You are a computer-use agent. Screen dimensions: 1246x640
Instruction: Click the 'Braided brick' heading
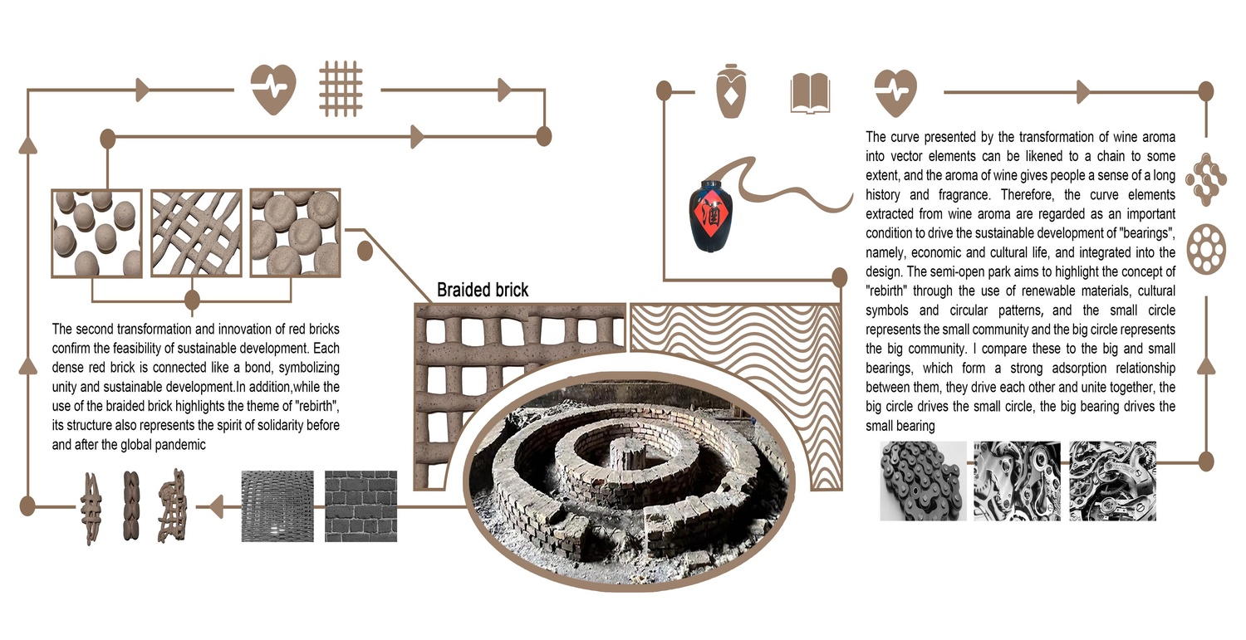[x=483, y=290]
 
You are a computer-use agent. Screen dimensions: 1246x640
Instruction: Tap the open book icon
[x=810, y=94]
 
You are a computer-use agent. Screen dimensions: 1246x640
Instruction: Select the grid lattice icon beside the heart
[x=341, y=89]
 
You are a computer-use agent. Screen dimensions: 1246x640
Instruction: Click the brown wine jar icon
[x=731, y=91]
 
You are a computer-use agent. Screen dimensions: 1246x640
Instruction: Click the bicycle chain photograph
[x=923, y=481]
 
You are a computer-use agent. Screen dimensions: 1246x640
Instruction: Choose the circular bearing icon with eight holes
[x=1206, y=249]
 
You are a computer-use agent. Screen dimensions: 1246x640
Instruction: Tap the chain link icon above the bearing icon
[x=1206, y=179]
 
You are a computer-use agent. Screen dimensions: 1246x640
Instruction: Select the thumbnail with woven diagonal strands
[x=196, y=233]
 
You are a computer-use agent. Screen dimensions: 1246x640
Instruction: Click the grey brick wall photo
[x=361, y=506]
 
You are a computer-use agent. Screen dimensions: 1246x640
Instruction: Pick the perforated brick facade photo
[x=277, y=506]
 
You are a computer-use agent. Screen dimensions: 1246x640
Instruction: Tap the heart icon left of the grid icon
[x=273, y=90]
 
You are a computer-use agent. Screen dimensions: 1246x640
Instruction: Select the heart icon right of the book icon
[x=895, y=93]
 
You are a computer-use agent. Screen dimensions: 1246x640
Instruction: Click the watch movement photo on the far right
[x=1112, y=481]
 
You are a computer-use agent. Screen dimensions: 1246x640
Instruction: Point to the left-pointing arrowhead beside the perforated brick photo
[x=216, y=506]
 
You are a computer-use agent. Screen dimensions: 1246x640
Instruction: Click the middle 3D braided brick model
[x=131, y=506]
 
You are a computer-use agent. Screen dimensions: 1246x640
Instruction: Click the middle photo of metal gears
[x=1018, y=481]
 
